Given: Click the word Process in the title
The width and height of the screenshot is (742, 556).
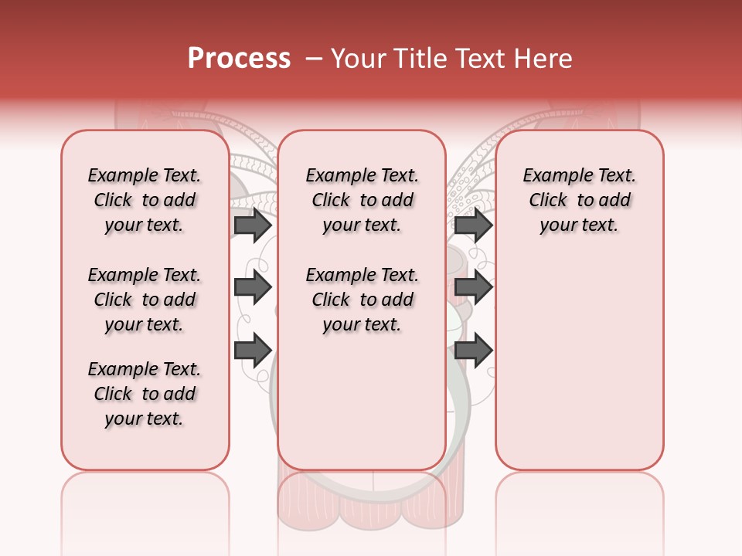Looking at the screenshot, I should [239, 59].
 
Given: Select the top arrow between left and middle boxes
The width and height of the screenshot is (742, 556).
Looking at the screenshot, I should [253, 225].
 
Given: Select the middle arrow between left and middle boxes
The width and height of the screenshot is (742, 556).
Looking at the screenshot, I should [253, 287].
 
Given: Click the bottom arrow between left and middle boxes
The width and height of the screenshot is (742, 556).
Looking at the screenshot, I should [253, 351].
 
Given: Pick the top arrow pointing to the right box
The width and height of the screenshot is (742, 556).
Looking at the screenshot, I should [473, 225].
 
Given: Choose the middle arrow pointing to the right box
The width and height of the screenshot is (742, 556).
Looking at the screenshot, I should [473, 287].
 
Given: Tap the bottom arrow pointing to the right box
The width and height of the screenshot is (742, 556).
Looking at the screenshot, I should [473, 351].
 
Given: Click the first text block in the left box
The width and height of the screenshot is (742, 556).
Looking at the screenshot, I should [145, 200].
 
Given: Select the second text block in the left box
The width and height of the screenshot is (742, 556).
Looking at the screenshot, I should [145, 300].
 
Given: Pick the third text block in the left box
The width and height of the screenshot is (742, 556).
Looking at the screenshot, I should [145, 394].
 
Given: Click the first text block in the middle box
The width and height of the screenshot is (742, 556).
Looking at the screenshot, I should [362, 200].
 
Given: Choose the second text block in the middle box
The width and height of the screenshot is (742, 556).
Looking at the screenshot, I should [362, 300].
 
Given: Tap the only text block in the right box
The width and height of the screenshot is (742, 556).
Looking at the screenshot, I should [580, 200].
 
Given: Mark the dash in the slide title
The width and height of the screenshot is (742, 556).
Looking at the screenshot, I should [315, 59].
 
